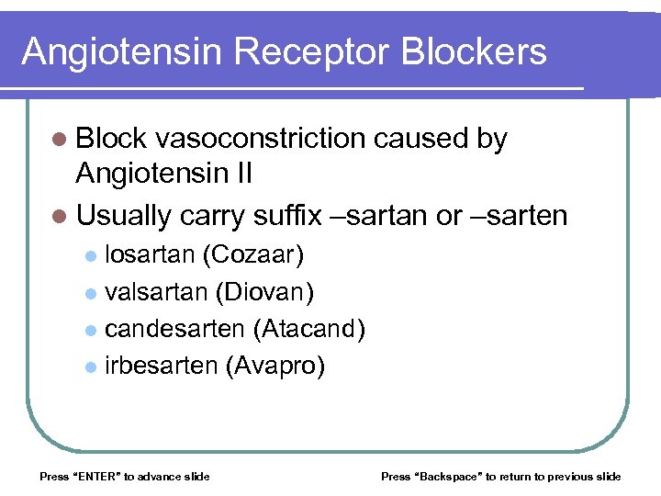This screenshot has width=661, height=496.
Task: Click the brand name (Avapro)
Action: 274,366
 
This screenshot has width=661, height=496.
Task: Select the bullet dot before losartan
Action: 89,254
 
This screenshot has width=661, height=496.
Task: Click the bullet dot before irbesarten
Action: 89,367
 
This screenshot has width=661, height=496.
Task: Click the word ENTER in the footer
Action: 92,476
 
